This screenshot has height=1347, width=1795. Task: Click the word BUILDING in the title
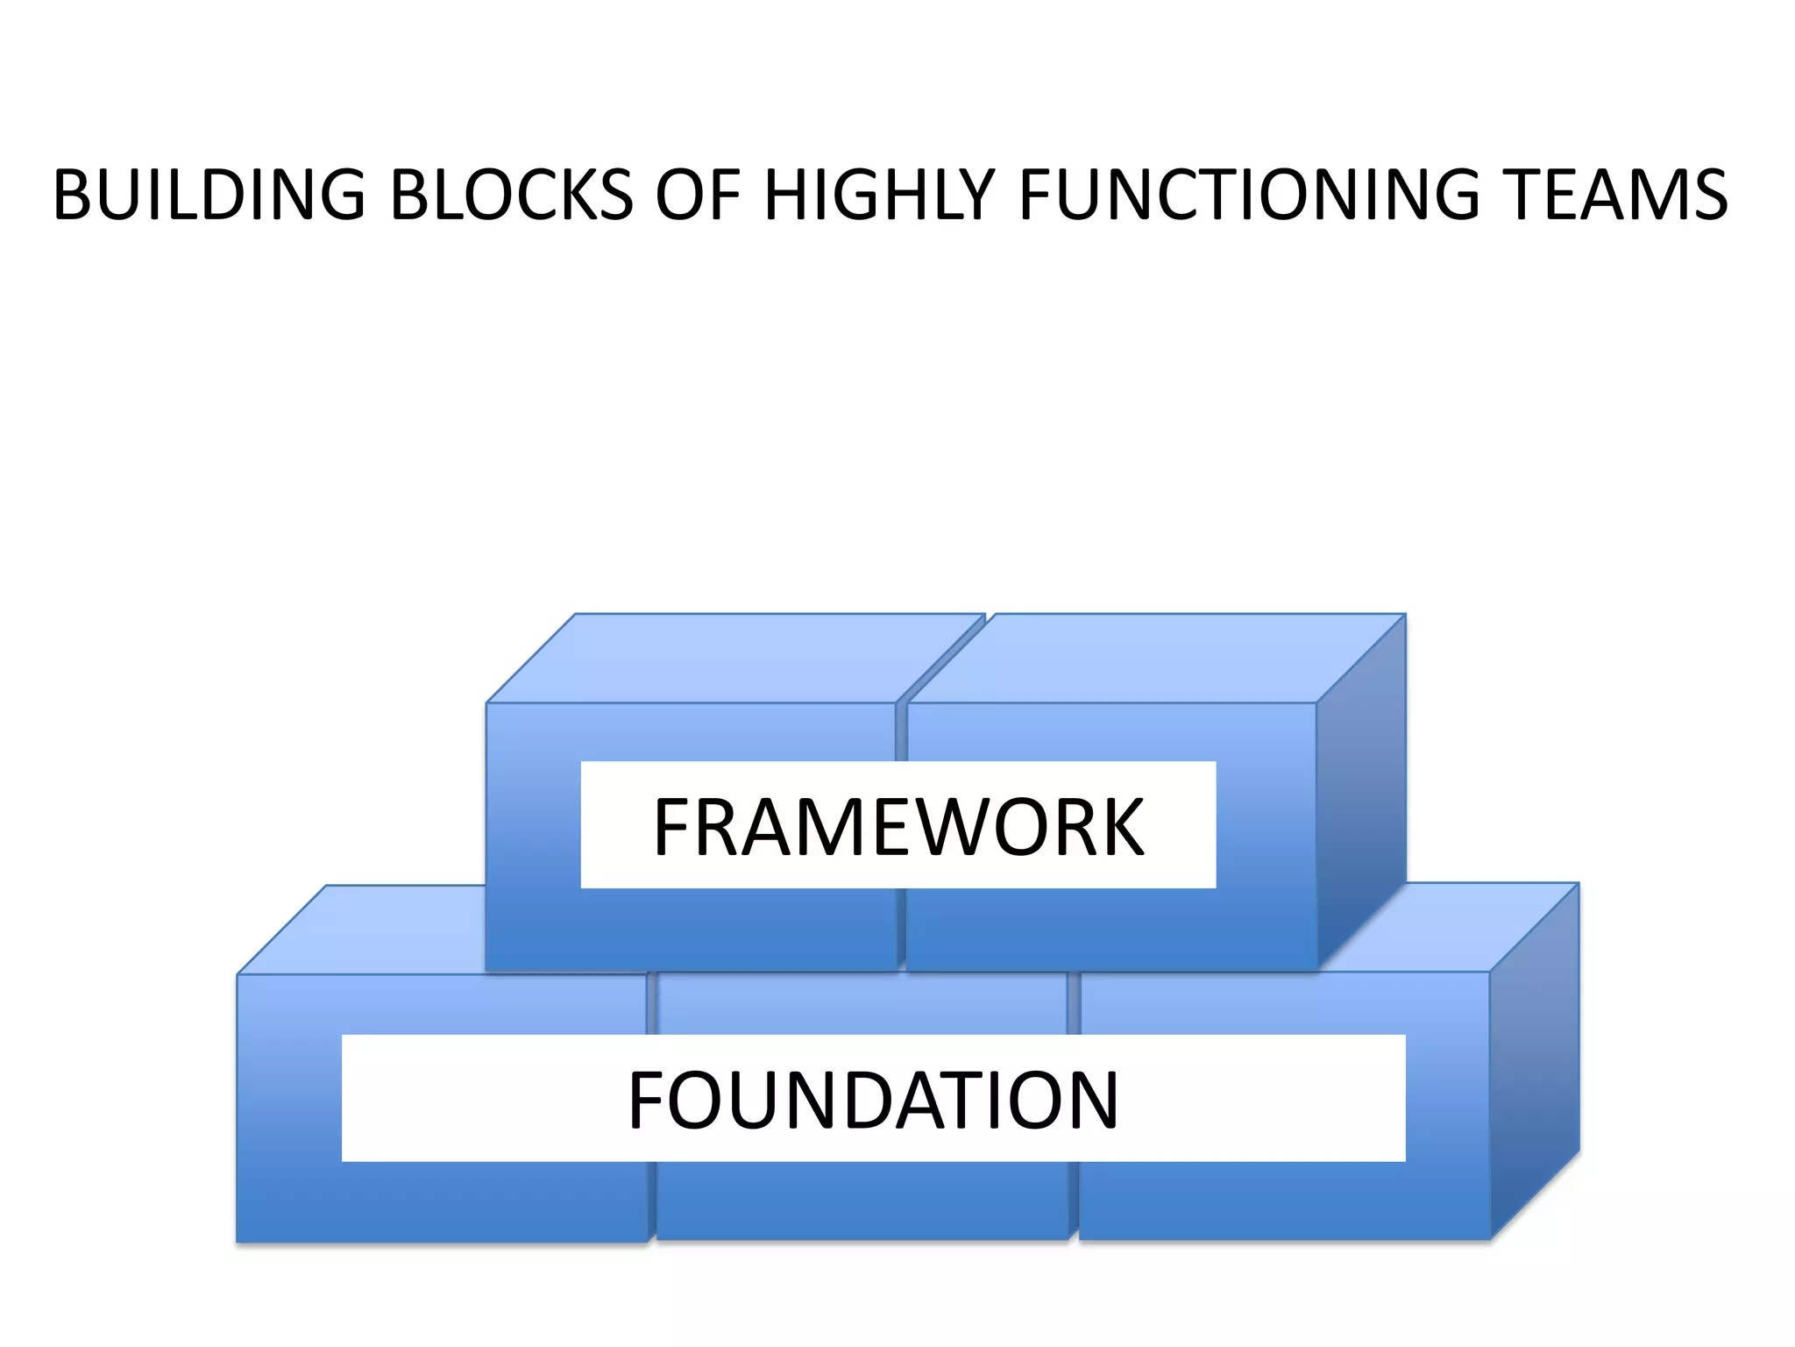point(209,195)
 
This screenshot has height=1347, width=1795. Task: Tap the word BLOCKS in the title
point(511,195)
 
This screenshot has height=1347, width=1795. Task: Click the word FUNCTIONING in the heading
point(1249,195)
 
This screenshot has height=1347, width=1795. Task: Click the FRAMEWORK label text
point(898,827)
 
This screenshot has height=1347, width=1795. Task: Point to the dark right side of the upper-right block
point(1361,789)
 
